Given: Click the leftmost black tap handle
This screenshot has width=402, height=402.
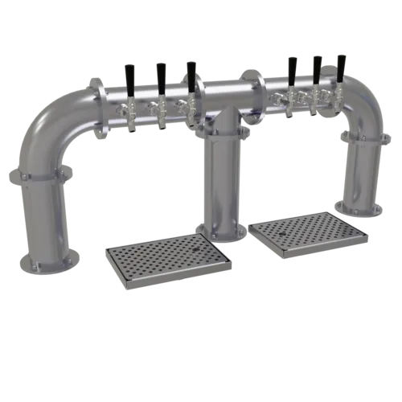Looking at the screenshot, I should (x=129, y=76).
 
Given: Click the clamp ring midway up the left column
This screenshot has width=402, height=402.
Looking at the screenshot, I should (x=40, y=178).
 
